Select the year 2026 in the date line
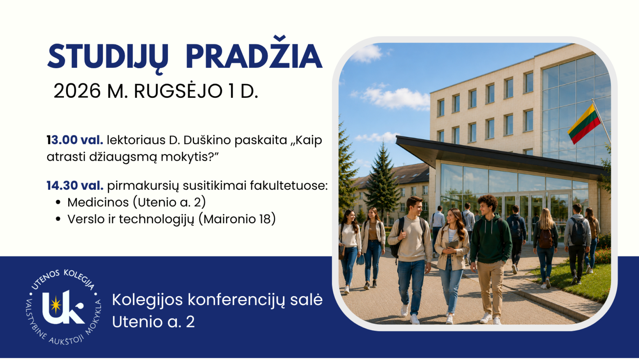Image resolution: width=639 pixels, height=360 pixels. point(77,91)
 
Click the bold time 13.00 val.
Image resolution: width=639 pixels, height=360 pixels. point(75,140)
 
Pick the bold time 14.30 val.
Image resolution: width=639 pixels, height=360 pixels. point(75,186)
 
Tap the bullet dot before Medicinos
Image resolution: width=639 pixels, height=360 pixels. point(59,202)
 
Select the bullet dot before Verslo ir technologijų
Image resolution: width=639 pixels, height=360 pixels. point(59,219)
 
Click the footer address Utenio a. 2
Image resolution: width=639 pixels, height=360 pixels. point(153,322)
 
